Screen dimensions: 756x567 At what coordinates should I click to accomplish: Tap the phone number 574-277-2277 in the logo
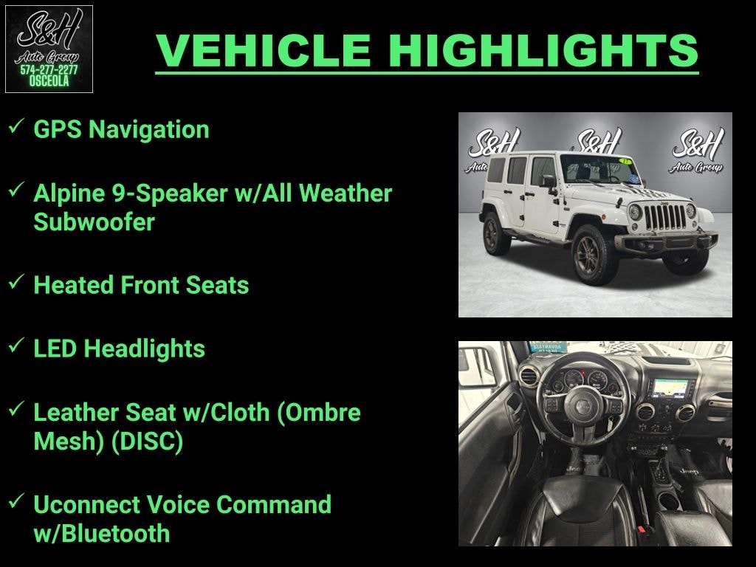[49, 70]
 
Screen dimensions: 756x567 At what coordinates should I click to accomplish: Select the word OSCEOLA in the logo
[49, 81]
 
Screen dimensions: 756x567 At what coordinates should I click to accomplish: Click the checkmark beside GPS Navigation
[16, 126]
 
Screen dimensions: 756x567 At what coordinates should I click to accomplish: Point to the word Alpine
[69, 194]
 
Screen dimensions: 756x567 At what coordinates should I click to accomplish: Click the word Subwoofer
[94, 221]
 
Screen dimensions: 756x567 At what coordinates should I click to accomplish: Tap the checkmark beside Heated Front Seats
[16, 281]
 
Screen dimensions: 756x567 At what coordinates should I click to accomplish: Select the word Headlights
[144, 349]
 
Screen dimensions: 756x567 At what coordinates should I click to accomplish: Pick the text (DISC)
[147, 441]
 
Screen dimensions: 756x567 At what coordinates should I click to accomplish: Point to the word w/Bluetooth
[102, 533]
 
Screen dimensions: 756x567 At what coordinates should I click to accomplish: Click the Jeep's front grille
[665, 217]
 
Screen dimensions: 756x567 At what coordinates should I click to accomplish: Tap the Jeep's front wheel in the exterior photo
[594, 254]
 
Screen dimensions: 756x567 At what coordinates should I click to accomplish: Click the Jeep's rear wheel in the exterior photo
[496, 234]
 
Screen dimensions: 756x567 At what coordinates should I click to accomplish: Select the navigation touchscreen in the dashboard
[670, 388]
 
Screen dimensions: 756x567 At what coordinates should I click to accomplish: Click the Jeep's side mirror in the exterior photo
[549, 182]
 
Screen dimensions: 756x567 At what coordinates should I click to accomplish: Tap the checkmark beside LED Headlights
[16, 346]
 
